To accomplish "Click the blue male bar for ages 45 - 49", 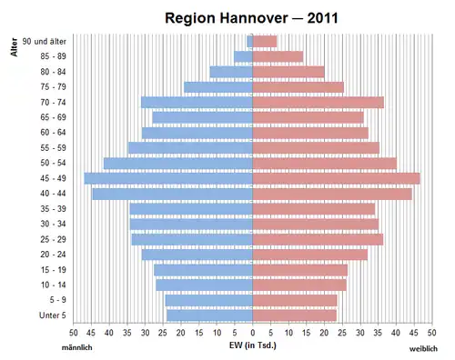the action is (x=168, y=178).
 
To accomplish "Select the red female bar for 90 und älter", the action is (x=265, y=42).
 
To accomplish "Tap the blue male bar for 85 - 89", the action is (x=243, y=56).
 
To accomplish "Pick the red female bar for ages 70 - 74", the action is (x=318, y=103).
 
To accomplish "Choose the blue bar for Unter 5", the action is (x=209, y=315).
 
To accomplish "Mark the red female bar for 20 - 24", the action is (x=310, y=255).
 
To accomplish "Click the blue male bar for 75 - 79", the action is (x=218, y=87).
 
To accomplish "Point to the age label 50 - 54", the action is (x=53, y=163).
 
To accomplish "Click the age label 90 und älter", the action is (x=44, y=41).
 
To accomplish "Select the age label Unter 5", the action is (x=53, y=315).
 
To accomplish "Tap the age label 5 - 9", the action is (x=57, y=300).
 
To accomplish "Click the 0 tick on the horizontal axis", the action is (x=253, y=333).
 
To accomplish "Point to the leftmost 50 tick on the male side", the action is (x=74, y=333).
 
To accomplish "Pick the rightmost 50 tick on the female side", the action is (x=432, y=333).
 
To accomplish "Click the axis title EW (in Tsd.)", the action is (x=253, y=345).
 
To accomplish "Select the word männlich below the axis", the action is (x=77, y=347).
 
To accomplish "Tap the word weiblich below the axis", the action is (x=423, y=349).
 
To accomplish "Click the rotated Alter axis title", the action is (x=14, y=47).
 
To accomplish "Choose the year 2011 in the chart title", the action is (x=322, y=18).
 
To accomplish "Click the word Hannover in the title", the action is (x=254, y=18).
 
